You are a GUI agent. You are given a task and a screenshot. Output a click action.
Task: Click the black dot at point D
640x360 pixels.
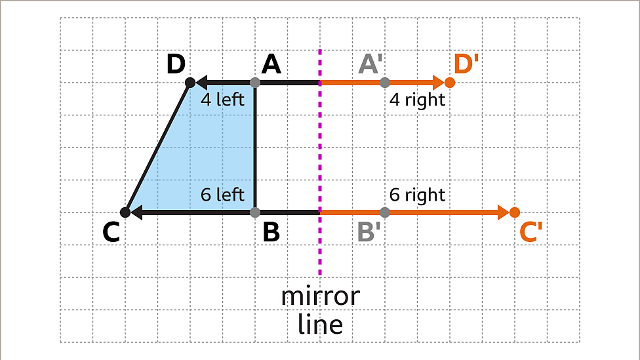click(190, 83)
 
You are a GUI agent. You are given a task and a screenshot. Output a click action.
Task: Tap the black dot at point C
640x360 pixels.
click(125, 212)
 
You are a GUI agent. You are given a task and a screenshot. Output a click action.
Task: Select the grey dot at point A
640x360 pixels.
click(255, 83)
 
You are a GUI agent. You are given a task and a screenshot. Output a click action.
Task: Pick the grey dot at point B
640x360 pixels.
click(255, 212)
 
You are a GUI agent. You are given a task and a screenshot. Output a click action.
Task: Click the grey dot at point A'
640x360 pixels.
click(385, 83)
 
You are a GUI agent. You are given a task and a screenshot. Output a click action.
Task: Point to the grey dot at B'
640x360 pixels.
click(385, 212)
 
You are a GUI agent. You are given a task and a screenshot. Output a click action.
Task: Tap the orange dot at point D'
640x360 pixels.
click(450, 83)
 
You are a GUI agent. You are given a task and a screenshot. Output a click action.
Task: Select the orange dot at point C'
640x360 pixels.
click(515, 212)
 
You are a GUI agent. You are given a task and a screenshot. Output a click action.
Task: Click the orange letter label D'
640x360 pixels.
click(466, 64)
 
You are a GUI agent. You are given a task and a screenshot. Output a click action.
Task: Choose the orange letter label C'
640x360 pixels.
click(531, 232)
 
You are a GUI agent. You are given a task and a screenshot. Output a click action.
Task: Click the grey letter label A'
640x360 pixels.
click(370, 64)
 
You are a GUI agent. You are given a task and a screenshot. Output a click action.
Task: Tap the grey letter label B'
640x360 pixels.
click(369, 232)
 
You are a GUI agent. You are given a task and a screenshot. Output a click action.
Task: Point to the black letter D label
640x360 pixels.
click(176, 64)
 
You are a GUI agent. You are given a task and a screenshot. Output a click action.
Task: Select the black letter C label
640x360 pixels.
click(111, 232)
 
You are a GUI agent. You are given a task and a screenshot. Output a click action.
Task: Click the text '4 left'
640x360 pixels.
click(222, 100)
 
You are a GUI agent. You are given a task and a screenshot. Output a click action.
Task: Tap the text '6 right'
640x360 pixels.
click(417, 195)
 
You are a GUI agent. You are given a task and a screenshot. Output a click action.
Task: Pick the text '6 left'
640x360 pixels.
click(222, 195)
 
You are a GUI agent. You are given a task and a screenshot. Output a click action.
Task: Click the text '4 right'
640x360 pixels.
click(417, 100)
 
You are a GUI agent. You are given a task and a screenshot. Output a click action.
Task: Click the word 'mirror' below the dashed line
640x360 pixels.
click(321, 297)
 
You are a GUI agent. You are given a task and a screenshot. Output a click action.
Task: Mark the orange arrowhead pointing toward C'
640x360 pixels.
click(504, 212)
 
